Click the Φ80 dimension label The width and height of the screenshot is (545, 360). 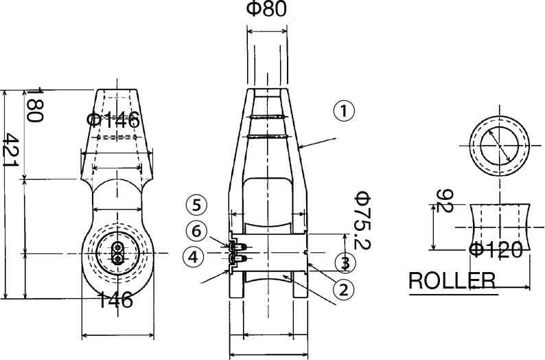266,10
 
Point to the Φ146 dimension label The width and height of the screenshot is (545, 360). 113,120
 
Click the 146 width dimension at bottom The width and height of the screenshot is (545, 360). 114,300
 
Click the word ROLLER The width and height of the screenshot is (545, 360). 452,281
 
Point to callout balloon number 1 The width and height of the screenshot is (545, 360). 345,111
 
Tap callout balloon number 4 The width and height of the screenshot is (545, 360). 194,258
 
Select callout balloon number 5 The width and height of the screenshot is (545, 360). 196,204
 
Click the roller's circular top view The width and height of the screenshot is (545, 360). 500,147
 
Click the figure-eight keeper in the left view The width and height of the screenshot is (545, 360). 117,253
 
